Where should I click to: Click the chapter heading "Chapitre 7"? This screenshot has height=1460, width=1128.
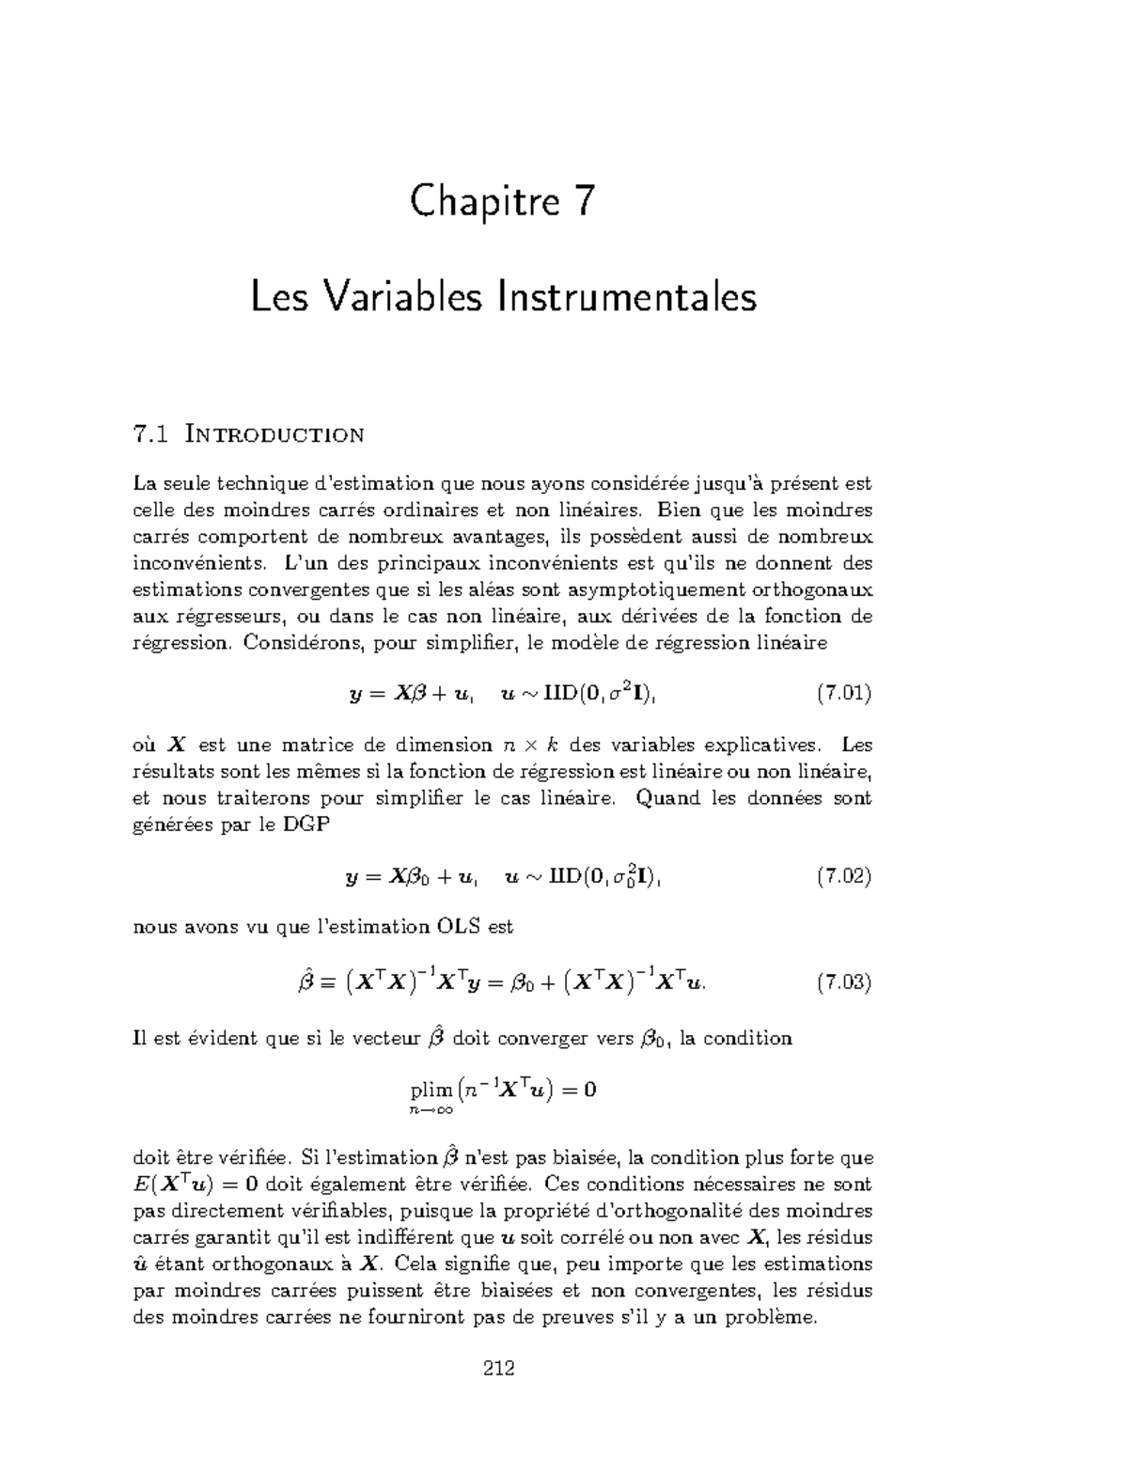click(503, 202)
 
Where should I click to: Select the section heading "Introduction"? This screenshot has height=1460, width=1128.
click(274, 434)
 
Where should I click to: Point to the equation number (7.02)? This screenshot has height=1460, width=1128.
click(843, 877)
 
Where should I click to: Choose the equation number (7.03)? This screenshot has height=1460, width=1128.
click(843, 983)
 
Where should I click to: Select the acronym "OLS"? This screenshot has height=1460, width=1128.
click(460, 927)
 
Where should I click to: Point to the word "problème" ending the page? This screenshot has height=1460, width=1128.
click(772, 1317)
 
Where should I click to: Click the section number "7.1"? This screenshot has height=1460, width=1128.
click(151, 434)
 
